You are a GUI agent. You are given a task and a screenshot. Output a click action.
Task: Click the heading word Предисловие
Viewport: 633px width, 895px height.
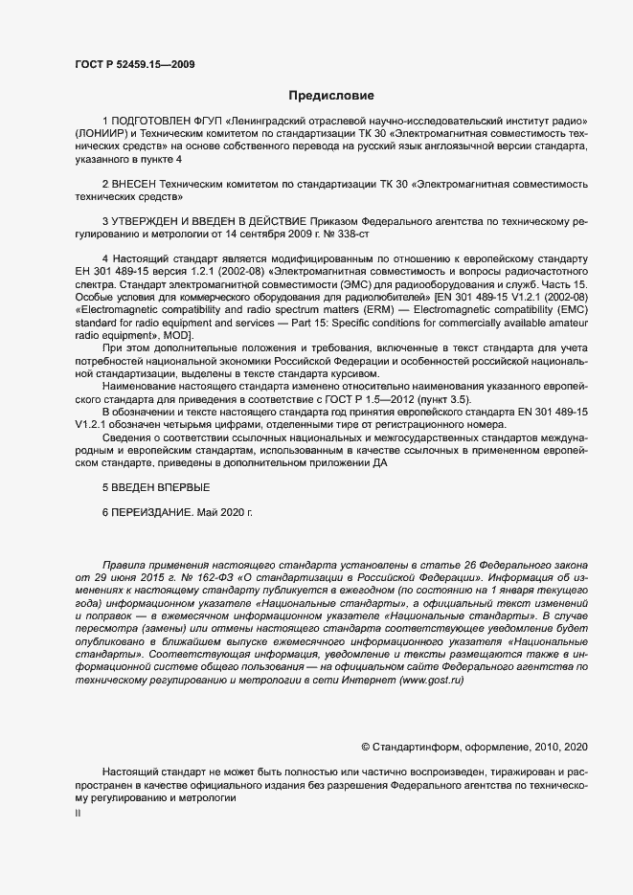pyautogui.click(x=331, y=96)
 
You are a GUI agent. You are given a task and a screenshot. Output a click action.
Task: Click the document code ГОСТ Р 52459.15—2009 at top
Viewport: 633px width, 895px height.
pyautogui.click(x=137, y=63)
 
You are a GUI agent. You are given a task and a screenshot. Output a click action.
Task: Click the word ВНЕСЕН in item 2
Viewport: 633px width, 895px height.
pyautogui.click(x=141, y=183)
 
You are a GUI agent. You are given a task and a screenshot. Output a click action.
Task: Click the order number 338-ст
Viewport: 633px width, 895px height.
pyautogui.click(x=340, y=234)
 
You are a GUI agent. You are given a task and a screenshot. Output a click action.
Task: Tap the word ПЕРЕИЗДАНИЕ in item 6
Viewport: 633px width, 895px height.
pyautogui.click(x=153, y=513)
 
